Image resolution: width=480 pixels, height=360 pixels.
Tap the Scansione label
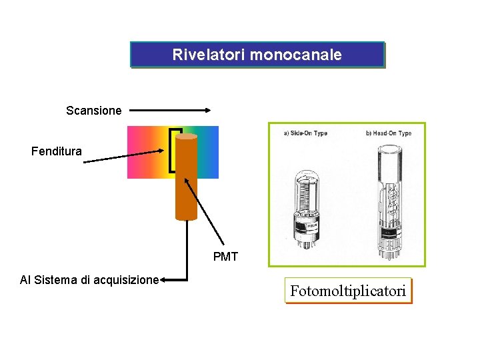coord(94,111)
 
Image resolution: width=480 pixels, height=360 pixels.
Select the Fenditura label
coord(57,151)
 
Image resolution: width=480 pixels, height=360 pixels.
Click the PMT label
coord(225,257)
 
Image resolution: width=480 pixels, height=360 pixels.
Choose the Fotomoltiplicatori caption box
coord(347,291)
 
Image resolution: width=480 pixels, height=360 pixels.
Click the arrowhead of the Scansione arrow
coord(208,110)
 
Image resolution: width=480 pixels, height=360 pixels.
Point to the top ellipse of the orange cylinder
coord(186,137)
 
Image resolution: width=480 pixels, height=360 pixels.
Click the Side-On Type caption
coord(305,133)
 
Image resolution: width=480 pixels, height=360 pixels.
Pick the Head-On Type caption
coord(389,133)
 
